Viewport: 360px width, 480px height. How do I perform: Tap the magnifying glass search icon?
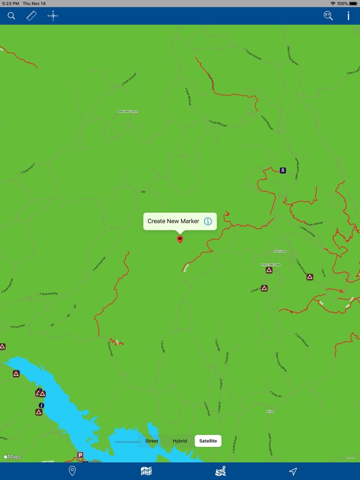click(x=11, y=16)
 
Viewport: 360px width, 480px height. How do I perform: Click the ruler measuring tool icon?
click(x=32, y=16)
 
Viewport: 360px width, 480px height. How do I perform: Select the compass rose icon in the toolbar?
click(x=52, y=16)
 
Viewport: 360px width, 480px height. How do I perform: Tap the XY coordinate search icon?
click(x=328, y=16)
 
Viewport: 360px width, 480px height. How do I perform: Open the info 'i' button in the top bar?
click(x=348, y=16)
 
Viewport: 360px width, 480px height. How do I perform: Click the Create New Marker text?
click(x=173, y=221)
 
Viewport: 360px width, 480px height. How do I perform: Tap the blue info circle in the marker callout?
click(x=208, y=221)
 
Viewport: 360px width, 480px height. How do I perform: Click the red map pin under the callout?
click(x=180, y=238)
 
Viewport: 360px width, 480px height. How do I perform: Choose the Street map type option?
click(x=152, y=441)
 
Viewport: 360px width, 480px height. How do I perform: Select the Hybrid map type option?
click(x=180, y=441)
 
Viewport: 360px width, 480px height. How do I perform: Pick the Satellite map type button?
click(x=208, y=441)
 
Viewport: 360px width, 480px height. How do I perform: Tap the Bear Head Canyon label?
click(x=128, y=112)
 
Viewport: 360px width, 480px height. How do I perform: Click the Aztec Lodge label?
click(x=280, y=251)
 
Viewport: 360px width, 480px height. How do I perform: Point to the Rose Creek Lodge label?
click(x=271, y=264)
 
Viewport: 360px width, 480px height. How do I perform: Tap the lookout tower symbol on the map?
click(x=283, y=170)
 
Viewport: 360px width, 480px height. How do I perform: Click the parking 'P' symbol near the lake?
click(x=80, y=455)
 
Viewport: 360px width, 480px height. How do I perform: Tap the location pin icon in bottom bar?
click(x=73, y=471)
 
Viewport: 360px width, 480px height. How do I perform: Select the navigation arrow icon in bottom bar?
click(x=293, y=471)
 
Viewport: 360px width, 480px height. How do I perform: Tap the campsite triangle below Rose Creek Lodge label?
click(x=269, y=270)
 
